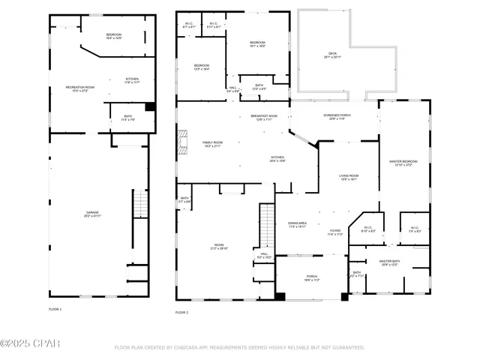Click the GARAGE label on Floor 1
tap(92, 214)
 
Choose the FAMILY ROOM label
tap(212, 143)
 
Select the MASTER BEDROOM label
tap(403, 163)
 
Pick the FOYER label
tap(334, 232)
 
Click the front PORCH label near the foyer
tap(312, 277)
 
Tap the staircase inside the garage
tap(139, 204)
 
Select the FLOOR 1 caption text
tap(55, 309)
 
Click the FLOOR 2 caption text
tap(182, 311)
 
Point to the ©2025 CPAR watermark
tap(30, 343)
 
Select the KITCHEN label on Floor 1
tap(132, 80)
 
